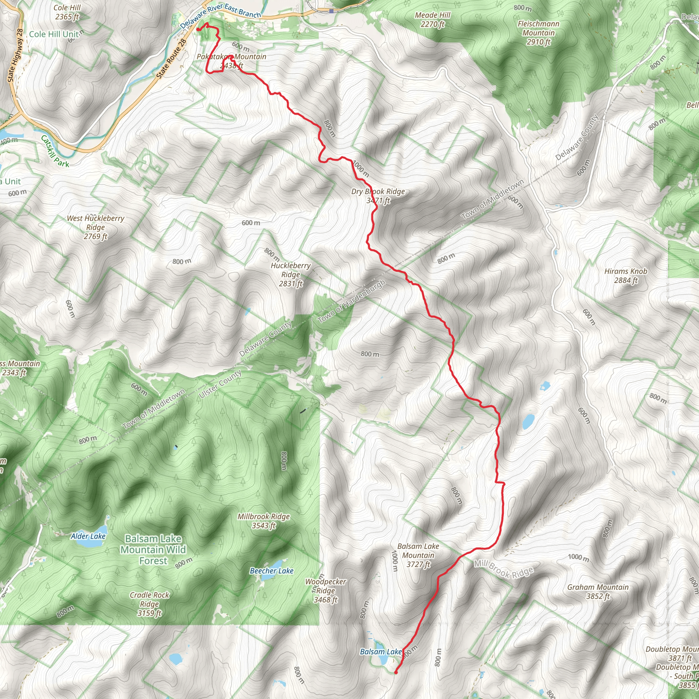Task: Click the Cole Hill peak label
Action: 67,12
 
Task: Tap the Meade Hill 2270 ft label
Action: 432,19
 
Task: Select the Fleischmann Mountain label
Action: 538,32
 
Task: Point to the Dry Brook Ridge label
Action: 378,196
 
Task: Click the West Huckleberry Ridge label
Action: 96,227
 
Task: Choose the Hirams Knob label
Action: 626,275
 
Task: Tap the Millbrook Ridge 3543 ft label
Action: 263,521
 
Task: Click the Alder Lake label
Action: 88,536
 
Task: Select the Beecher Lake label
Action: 271,571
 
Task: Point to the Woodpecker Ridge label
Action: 326,590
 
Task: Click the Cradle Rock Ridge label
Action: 149,604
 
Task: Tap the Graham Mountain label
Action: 598,591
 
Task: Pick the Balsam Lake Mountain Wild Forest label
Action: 153,550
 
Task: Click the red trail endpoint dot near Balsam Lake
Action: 396,672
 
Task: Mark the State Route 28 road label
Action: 172,59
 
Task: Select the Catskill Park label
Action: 55,151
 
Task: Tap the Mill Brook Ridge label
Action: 504,569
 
